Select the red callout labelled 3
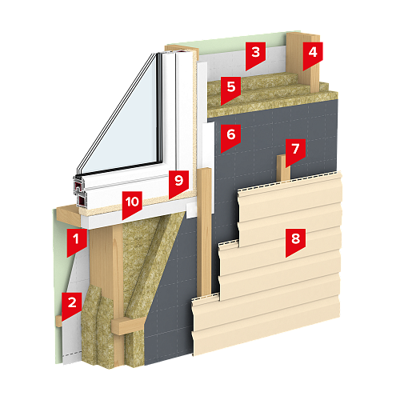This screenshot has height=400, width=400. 255,54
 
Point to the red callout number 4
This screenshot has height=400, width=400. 313,54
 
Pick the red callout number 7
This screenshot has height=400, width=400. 295,151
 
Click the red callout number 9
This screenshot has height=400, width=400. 178,183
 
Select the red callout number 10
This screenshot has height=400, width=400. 132,204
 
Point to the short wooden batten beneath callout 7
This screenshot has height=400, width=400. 283,168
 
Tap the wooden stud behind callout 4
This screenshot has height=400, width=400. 304,62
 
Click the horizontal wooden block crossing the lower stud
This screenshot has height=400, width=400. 128,326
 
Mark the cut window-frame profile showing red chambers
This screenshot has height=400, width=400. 80,192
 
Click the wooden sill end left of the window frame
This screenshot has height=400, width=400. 68,215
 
